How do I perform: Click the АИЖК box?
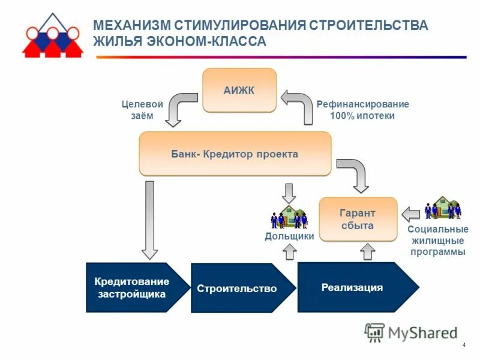pos(239,90)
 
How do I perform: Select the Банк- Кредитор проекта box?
pos(235,154)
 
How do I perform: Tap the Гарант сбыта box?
pos(358,219)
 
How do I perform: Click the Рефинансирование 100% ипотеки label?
pos(362,110)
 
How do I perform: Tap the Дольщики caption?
pos(289,236)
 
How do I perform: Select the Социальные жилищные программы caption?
pos(437,241)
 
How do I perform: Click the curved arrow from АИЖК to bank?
pos(178,107)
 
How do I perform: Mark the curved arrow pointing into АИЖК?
pos(298,106)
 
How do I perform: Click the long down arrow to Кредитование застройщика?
pos(149,219)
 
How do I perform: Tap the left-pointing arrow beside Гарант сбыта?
pos(411,214)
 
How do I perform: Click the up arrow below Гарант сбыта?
pos(368,251)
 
